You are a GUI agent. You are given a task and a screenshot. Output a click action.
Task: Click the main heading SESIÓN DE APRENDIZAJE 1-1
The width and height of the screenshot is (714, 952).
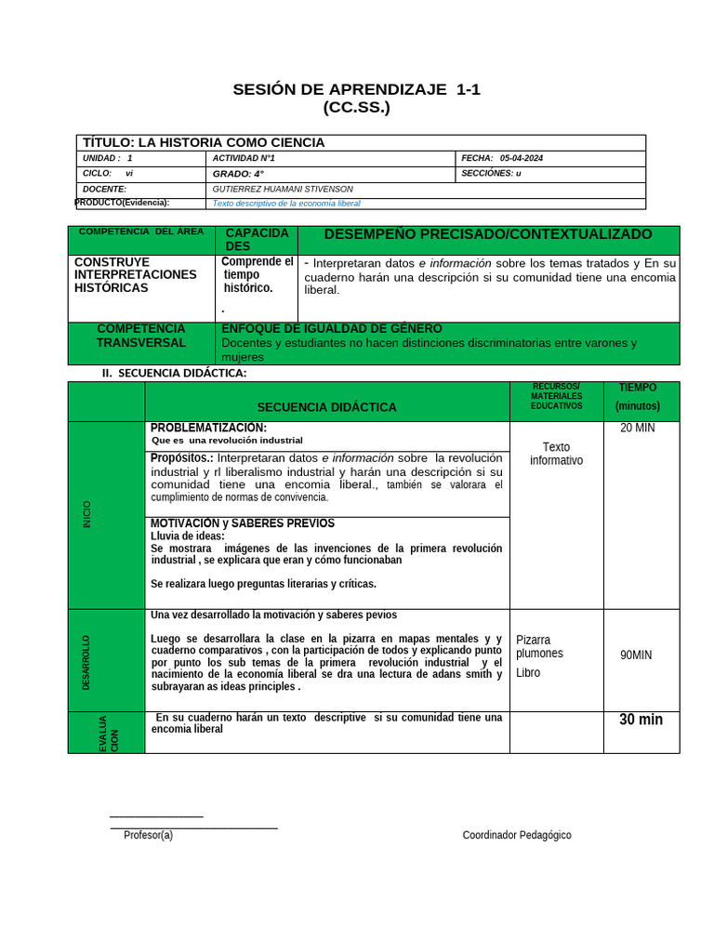(356, 89)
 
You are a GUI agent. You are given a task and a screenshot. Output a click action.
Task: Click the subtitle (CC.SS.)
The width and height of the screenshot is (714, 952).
(356, 107)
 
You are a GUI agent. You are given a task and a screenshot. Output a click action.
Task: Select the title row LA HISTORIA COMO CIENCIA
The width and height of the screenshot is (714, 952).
(204, 142)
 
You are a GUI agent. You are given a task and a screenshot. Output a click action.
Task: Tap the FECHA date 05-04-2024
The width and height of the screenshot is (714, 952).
(521, 158)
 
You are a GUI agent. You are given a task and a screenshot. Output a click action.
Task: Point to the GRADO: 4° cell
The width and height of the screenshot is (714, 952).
(238, 174)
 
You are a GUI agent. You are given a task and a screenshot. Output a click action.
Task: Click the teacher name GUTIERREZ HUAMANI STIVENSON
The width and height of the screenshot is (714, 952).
(283, 189)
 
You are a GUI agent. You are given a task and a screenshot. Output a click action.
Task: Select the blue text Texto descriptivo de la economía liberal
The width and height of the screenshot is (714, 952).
(286, 203)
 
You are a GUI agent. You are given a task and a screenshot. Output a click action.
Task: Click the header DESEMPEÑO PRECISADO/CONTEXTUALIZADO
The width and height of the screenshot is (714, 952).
(488, 234)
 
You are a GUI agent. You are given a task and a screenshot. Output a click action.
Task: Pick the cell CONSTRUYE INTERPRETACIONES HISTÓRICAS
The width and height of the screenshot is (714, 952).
(136, 274)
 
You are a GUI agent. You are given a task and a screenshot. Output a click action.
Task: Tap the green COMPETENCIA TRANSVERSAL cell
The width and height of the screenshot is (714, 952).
(141, 336)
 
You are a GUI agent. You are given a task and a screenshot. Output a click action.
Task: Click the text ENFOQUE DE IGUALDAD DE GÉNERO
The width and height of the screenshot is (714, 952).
(332, 328)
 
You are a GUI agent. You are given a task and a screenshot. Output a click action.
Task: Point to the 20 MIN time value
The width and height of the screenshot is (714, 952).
(638, 428)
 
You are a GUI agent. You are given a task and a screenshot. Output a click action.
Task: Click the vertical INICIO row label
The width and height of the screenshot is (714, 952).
(87, 514)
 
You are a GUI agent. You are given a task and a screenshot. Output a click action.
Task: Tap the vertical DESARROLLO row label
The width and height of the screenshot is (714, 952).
(86, 662)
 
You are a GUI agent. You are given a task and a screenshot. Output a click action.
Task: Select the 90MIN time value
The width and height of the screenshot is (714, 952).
(636, 654)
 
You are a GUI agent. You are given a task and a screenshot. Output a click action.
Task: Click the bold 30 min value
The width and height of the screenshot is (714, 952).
(641, 720)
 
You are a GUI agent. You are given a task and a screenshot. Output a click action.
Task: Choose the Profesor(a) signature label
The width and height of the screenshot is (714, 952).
(148, 835)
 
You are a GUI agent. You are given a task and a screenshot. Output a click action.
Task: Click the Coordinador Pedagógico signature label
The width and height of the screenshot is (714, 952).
(517, 835)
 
